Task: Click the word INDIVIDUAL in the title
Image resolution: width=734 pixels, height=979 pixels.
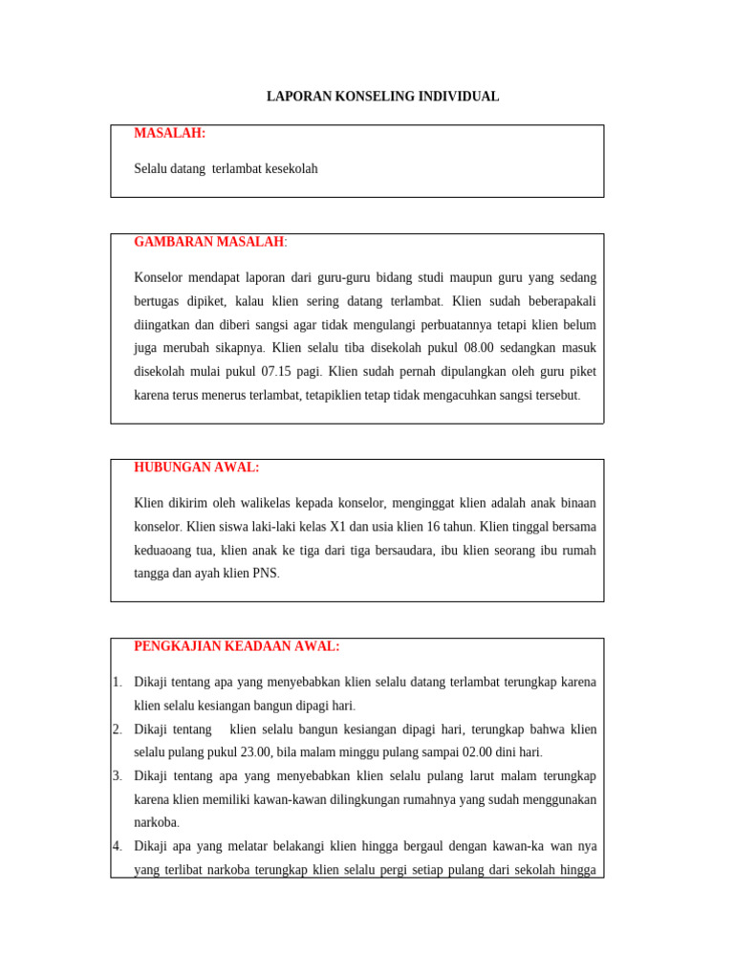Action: [x=457, y=97]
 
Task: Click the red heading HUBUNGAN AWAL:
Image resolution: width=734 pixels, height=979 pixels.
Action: [x=196, y=468]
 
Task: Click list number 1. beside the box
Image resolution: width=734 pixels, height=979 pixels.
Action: [x=117, y=683]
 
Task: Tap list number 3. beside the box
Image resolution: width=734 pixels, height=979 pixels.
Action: [x=117, y=775]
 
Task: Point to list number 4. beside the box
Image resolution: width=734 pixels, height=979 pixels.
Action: [x=117, y=846]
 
